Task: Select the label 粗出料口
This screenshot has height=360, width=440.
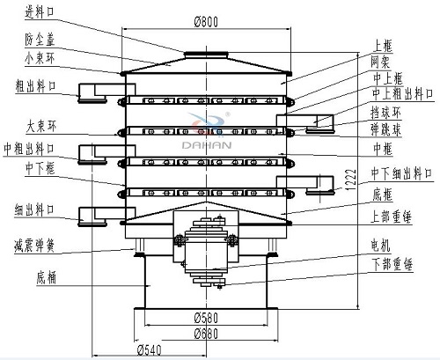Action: tap(33, 85)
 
